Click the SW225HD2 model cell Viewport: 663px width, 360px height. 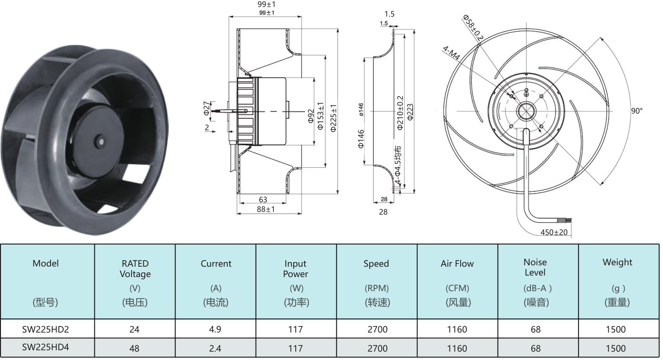click(45, 329)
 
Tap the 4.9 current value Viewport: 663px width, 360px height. click(215, 329)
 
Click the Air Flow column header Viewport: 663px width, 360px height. click(457, 263)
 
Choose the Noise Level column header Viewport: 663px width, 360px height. click(535, 267)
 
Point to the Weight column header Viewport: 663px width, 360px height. click(617, 262)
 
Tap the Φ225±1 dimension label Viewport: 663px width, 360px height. click(333, 118)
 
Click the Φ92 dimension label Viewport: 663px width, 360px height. click(310, 116)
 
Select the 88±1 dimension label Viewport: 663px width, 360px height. click(266, 209)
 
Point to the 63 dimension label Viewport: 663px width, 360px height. click(263, 200)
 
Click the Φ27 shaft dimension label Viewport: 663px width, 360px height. click(207, 108)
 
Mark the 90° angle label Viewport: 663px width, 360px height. click(637, 111)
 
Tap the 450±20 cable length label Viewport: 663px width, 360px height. click(554, 232)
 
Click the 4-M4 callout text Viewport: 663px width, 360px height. click(451, 53)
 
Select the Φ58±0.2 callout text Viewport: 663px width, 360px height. click(473, 27)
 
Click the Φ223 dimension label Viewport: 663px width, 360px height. click(410, 112)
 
